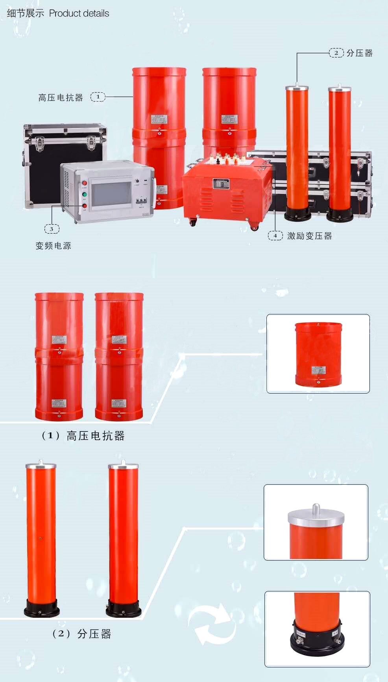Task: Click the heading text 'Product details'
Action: point(79,13)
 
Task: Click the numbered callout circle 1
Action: point(98,97)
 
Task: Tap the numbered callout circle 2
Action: point(336,53)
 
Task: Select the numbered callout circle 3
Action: point(52,229)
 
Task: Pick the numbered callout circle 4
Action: point(275,236)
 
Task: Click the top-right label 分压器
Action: point(359,53)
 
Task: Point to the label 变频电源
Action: point(54,246)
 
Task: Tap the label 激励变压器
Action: point(310,236)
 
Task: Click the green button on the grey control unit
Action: point(85,194)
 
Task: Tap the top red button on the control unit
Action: point(85,183)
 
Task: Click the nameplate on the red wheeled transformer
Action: point(221,184)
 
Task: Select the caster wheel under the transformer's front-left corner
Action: point(192,223)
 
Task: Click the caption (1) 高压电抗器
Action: point(83,436)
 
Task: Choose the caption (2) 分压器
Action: point(82,634)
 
